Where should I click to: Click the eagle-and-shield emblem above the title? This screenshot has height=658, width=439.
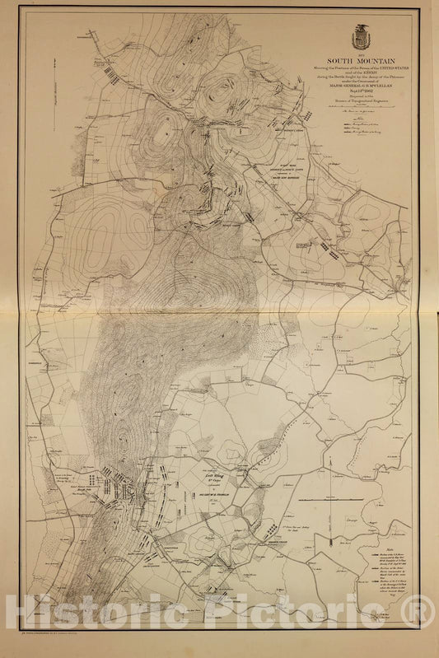[x=359, y=37]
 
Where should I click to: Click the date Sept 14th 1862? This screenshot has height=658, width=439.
[x=360, y=96]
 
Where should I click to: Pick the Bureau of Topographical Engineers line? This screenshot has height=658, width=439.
[x=360, y=108]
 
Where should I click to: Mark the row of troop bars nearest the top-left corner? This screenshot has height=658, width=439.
[x=107, y=72]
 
